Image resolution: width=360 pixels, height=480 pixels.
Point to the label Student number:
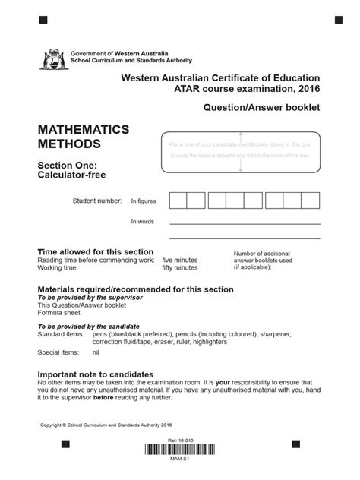pos(96,201)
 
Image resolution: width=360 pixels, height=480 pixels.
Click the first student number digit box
pos(178,201)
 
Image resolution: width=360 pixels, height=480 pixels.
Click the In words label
pos(142,221)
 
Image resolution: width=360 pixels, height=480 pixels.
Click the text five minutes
pos(179,260)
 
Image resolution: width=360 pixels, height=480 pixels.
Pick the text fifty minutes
pos(180,267)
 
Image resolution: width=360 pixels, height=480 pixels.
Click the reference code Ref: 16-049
pos(180,441)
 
